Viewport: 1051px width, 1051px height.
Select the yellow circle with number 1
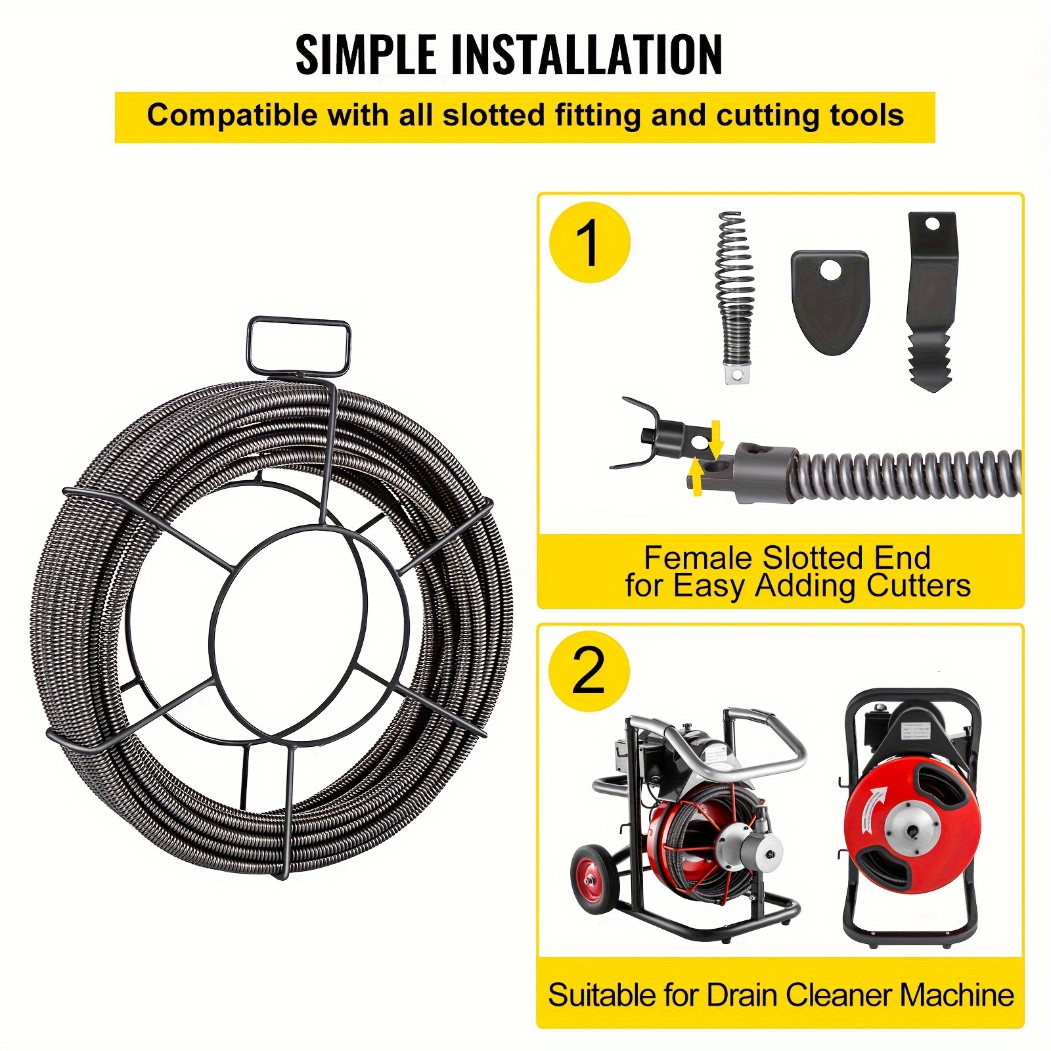(589, 243)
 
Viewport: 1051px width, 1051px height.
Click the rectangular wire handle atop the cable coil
(298, 344)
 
